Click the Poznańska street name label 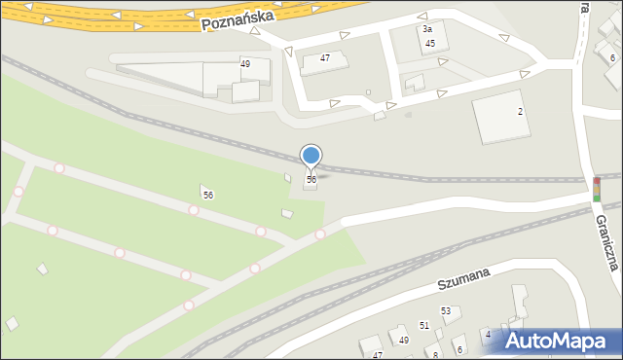point(239,18)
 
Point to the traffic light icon point(596,189)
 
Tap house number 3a point(426,30)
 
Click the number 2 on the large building point(520,112)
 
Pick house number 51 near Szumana point(424,325)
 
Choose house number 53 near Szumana point(446,311)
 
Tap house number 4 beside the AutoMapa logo point(488,335)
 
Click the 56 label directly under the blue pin point(311,180)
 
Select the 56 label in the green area point(207,196)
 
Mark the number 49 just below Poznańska point(245,64)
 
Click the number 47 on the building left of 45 point(325,58)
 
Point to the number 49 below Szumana point(404,340)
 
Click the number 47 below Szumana point(378,355)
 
